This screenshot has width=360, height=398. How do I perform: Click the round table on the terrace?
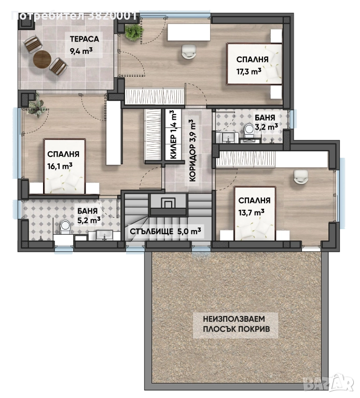pyautogui.click(x=42, y=60)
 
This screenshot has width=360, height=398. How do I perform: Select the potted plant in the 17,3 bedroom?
pyautogui.click(x=134, y=32)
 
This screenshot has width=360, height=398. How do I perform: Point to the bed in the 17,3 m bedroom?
pyautogui.click(x=254, y=64)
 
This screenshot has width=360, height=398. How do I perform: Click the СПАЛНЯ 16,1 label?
pyautogui.click(x=63, y=160)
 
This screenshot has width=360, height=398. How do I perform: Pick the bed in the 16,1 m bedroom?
pyautogui.click(x=64, y=166)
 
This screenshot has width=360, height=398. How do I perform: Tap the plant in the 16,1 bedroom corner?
pyautogui.click(x=37, y=108)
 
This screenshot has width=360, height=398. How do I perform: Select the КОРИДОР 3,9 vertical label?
pyautogui.click(x=193, y=151)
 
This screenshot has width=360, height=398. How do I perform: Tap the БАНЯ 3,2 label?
pyautogui.click(x=266, y=122)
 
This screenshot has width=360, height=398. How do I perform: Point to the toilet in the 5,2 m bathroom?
pyautogui.click(x=65, y=227)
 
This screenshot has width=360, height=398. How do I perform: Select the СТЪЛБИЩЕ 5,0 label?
pyautogui.click(x=165, y=231)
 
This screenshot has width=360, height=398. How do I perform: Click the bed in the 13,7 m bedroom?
pyautogui.click(x=255, y=213)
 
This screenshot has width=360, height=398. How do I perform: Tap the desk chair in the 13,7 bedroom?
pyautogui.click(x=301, y=176)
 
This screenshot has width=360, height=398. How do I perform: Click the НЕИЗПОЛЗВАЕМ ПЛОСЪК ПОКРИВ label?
pyautogui.click(x=236, y=324)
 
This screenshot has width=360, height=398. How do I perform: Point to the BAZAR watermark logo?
pyautogui.click(x=331, y=386)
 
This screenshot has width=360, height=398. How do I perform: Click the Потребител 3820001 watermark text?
pyautogui.click(x=74, y=16)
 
